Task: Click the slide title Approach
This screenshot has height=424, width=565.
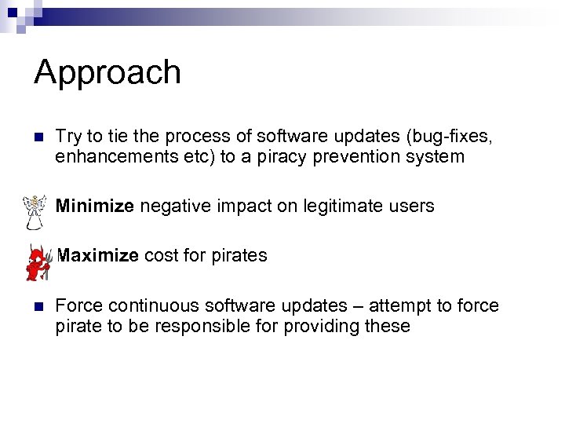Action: click(x=108, y=72)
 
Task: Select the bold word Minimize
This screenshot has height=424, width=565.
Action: click(x=95, y=207)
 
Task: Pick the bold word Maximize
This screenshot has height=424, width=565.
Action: click(x=98, y=255)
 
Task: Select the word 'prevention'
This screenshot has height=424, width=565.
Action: click(x=357, y=156)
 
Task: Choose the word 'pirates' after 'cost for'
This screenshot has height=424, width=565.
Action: click(x=239, y=255)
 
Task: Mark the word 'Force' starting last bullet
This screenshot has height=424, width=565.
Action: click(x=75, y=305)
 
